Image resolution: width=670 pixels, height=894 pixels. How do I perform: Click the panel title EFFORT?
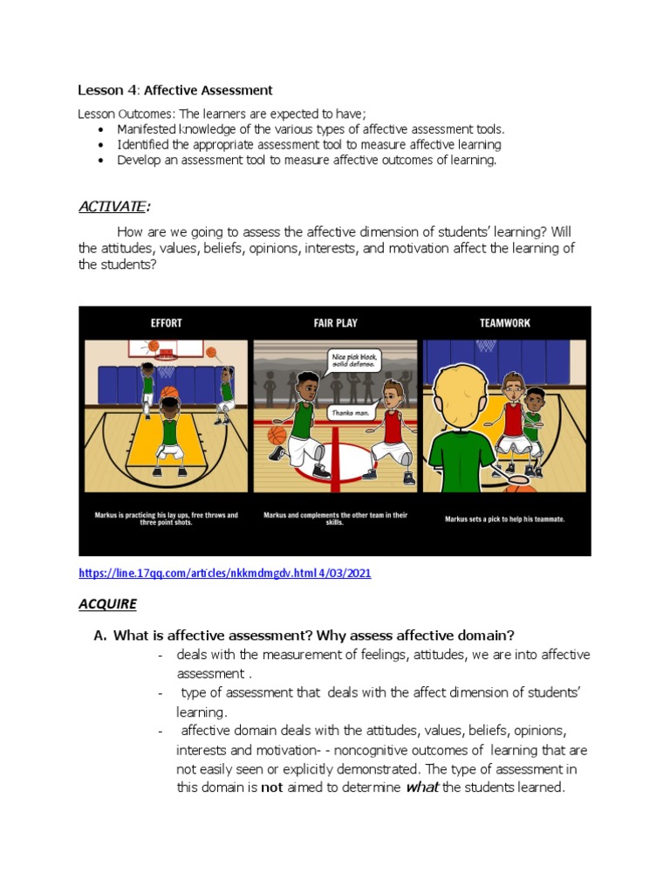point(165,323)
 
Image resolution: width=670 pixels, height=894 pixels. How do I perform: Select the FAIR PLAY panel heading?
point(335,323)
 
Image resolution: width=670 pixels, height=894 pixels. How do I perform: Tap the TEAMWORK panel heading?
point(504,323)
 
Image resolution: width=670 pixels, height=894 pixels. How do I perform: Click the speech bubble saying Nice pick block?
point(352,360)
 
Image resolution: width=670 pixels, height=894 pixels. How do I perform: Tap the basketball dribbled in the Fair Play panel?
point(277,434)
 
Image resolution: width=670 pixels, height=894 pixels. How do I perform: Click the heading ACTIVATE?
point(112,206)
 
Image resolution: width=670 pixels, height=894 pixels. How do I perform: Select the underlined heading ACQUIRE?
point(107,603)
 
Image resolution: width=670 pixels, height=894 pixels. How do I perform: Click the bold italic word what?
point(422,787)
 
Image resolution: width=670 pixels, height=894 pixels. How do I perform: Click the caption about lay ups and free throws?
point(166,519)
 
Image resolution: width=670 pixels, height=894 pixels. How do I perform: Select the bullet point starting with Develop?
point(306,160)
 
